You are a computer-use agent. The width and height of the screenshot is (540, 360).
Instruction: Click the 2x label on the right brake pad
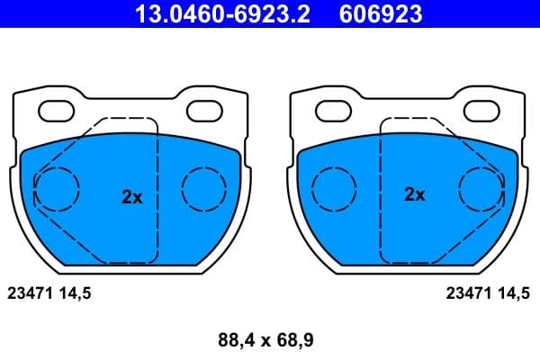point(414,194)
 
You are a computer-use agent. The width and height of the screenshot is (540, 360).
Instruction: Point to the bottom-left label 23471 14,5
point(49,292)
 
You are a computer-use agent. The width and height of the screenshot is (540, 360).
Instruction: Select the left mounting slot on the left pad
point(58,112)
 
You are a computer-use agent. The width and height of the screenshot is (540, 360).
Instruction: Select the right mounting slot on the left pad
point(203,112)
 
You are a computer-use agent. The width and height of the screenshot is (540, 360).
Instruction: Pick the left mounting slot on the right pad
point(335,112)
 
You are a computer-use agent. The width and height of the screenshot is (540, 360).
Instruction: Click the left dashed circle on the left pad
point(57,189)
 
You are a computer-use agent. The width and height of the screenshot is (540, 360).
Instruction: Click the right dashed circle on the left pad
point(204,189)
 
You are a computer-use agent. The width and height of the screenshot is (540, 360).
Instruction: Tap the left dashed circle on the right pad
point(333,189)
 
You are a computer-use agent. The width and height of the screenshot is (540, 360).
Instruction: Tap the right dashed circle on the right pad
point(481,189)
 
